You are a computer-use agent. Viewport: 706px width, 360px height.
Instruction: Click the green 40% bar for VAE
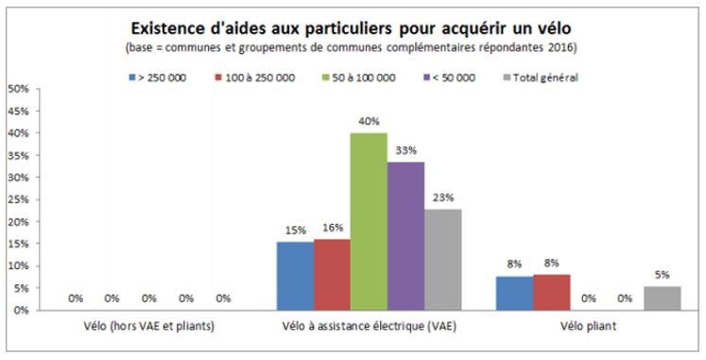coord(368,221)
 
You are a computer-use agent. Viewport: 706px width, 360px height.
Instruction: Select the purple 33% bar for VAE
coord(405,236)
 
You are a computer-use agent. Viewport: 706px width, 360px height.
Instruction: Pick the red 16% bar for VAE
coord(331,274)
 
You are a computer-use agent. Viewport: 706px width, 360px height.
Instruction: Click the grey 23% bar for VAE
coord(442,259)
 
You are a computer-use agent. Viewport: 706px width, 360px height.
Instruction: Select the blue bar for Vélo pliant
coord(513,293)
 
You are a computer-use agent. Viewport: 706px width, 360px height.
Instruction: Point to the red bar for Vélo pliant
coord(550,292)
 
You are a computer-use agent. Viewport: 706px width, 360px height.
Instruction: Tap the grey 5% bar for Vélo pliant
coord(662,299)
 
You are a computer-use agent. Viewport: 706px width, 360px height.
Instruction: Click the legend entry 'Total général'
coord(545,77)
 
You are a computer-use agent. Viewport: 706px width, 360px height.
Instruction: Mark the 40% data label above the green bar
coord(368,121)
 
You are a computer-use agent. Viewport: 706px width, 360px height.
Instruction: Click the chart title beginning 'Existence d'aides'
coord(353,26)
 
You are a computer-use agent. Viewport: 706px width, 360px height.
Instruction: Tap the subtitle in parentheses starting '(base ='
coord(353,46)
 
